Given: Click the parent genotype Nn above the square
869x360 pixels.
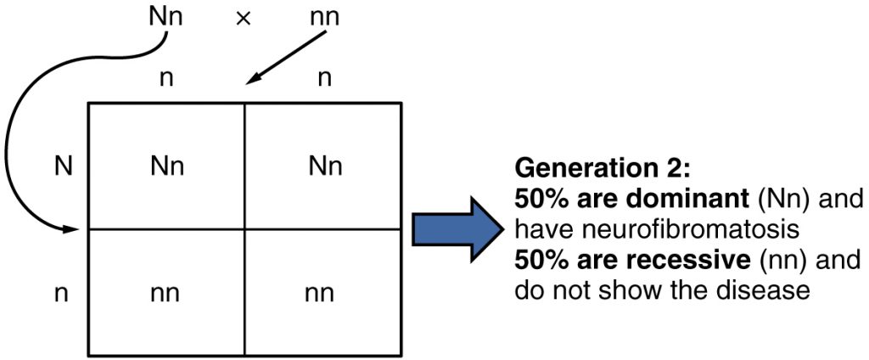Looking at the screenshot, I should [165, 16].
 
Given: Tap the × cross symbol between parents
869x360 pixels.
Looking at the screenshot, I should [244, 18].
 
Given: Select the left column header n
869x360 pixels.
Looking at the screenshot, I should [166, 80].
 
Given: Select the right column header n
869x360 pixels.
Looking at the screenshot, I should [323, 80].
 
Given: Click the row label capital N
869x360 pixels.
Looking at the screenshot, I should [62, 166].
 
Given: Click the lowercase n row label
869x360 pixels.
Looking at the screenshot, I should [62, 294].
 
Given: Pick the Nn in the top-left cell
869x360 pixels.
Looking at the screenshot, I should [166, 166].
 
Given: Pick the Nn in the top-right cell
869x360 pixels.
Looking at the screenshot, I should [325, 166].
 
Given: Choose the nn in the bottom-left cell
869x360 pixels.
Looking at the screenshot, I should [166, 294].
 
